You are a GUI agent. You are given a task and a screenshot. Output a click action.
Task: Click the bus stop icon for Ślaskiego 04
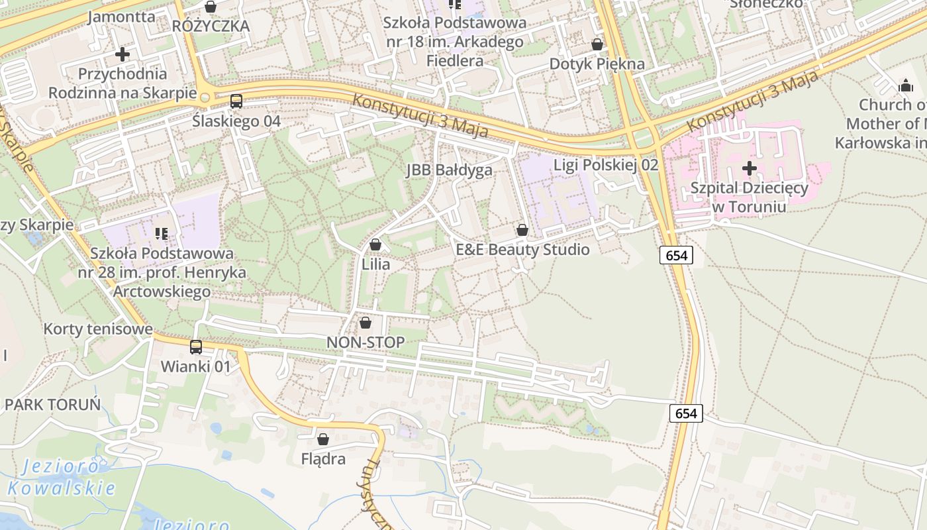tap(236, 101)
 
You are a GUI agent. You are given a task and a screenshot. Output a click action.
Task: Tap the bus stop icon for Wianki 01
tap(196, 346)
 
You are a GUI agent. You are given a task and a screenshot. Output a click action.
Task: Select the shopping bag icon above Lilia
tap(375, 244)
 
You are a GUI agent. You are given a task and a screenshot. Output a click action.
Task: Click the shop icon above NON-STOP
tap(365, 323)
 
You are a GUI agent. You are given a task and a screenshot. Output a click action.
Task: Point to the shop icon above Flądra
tap(323, 439)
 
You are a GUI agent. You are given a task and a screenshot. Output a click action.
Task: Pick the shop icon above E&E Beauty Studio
tap(522, 230)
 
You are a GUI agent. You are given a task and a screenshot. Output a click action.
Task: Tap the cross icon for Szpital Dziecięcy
tap(750, 168)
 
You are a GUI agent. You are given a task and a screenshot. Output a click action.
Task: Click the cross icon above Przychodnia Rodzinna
tap(122, 54)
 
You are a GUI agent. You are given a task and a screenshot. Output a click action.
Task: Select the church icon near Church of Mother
tap(905, 85)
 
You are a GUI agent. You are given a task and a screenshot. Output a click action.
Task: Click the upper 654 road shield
tap(676, 255)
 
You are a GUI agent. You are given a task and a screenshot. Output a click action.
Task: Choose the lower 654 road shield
tap(686, 413)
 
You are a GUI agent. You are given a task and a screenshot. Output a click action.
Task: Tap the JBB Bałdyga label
tap(450, 170)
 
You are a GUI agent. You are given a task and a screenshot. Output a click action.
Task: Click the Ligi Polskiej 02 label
tap(606, 165)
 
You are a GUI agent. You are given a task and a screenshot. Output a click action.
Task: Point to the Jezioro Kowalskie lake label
tap(61, 478)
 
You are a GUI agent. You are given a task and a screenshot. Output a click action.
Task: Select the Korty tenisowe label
tap(98, 329)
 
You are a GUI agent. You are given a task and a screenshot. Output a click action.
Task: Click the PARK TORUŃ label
tap(53, 404)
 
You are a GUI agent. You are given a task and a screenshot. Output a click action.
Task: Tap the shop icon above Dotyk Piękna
tap(597, 44)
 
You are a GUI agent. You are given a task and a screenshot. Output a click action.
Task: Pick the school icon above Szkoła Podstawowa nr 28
tap(161, 233)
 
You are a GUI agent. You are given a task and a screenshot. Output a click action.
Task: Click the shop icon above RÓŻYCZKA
tap(211, 7)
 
